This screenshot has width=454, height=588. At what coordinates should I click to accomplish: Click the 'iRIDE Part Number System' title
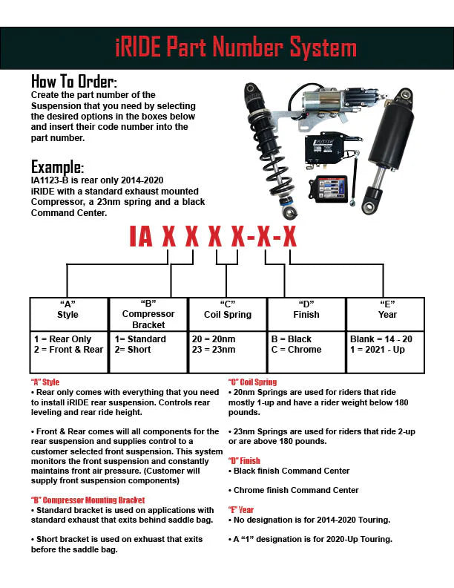pos(236,48)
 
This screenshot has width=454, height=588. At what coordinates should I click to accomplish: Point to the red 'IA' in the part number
pos(141,236)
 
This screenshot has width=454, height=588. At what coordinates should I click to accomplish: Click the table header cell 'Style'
pos(68,315)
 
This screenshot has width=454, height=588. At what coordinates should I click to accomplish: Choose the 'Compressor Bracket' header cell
pos(148,319)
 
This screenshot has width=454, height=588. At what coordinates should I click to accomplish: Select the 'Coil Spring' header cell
pos(227,315)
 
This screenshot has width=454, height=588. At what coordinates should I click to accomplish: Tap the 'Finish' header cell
pos(306,315)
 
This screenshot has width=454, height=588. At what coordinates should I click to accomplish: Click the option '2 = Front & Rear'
pos(68,350)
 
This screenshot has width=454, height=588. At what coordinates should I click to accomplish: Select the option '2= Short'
pos(134,350)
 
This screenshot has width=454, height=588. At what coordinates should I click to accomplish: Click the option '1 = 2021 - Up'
pos(377,350)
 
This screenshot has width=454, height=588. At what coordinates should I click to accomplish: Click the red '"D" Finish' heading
pos(244,461)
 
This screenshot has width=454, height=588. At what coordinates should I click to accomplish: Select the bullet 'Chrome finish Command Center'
pos(286,490)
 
